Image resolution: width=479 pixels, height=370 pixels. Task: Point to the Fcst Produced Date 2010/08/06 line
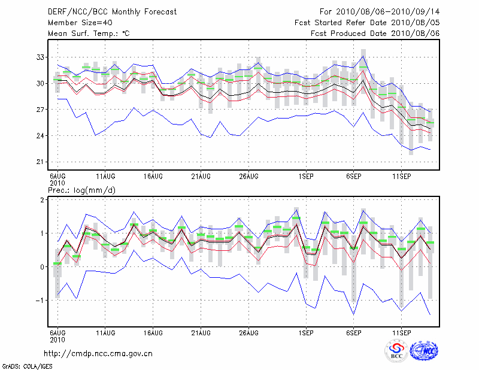click(375, 34)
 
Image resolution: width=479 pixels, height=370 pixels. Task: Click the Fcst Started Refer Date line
click(367, 23)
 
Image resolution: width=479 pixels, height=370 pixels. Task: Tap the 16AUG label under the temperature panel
click(153, 177)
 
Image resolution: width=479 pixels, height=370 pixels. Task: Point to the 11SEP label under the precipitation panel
click(402, 332)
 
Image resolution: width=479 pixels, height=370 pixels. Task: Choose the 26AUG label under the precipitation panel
click(248, 332)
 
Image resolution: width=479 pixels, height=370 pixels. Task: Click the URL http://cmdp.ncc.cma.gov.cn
click(99, 353)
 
